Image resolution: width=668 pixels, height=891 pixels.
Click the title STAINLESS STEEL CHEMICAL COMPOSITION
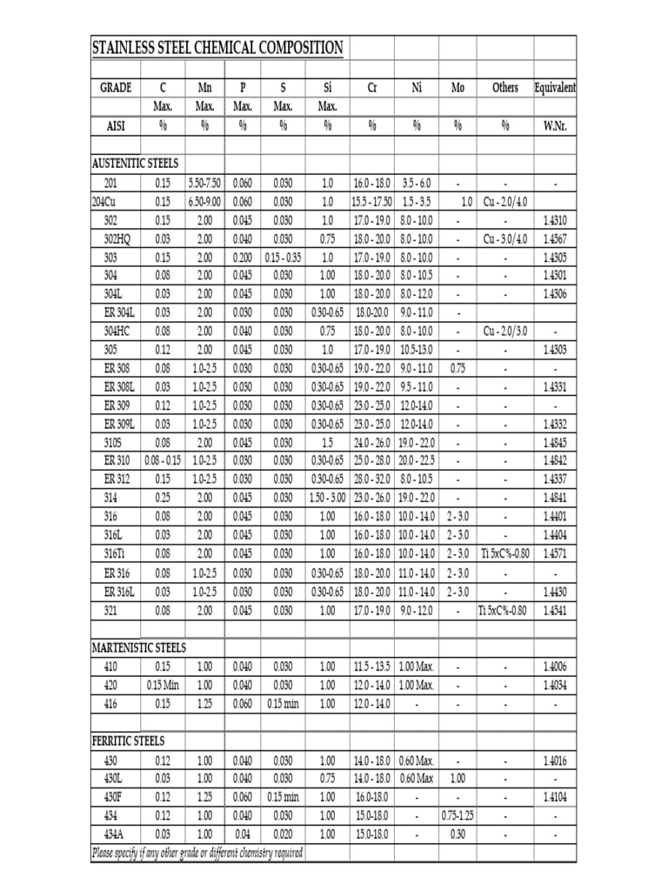tap(217, 48)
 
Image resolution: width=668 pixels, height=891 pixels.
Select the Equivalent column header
tap(555, 88)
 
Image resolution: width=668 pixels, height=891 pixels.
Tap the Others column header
tap(504, 88)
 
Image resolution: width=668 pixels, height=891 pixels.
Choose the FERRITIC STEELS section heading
tap(128, 740)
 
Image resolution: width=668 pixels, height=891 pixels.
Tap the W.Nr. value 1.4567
tap(555, 238)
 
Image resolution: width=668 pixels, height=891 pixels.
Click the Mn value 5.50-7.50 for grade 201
tap(204, 184)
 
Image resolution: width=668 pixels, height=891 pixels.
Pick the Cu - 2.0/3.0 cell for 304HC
tap(504, 331)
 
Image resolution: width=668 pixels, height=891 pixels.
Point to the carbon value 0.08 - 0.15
tap(163, 460)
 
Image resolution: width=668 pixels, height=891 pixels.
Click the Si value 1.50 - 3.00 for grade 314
tap(327, 498)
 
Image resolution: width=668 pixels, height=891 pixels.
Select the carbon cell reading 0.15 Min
tap(163, 685)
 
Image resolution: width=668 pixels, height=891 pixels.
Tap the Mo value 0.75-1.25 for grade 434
tap(458, 815)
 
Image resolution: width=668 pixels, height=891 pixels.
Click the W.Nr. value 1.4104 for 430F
tap(555, 797)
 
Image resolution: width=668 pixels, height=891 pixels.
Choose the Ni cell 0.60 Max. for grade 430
tap(417, 760)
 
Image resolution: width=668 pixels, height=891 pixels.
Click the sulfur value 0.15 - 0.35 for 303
tap(283, 258)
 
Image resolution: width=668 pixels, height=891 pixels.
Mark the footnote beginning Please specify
tap(197, 853)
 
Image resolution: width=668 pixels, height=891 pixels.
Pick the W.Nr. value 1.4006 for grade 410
tap(555, 667)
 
